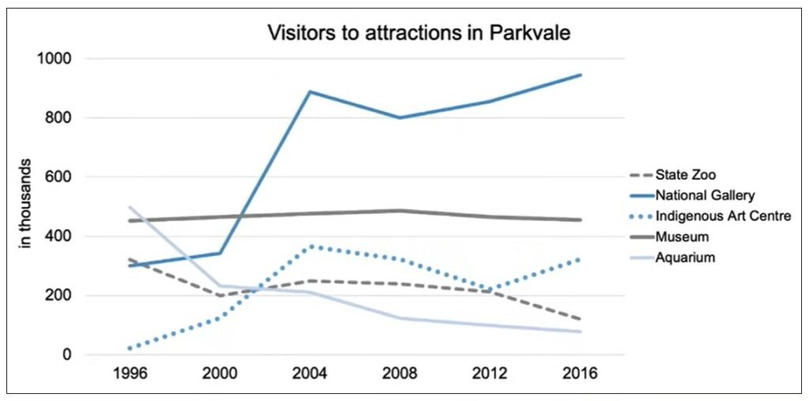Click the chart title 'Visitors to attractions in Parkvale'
pos(419,33)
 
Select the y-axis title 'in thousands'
pos(25,206)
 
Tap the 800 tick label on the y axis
pos(60,118)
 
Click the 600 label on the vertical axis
pos(60,178)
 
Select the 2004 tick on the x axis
pos(310,373)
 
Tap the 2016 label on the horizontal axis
pos(581,373)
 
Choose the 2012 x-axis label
pos(491,373)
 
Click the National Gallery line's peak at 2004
pos(310,92)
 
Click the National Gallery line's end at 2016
pos(581,75)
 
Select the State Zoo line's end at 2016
pos(581,319)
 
